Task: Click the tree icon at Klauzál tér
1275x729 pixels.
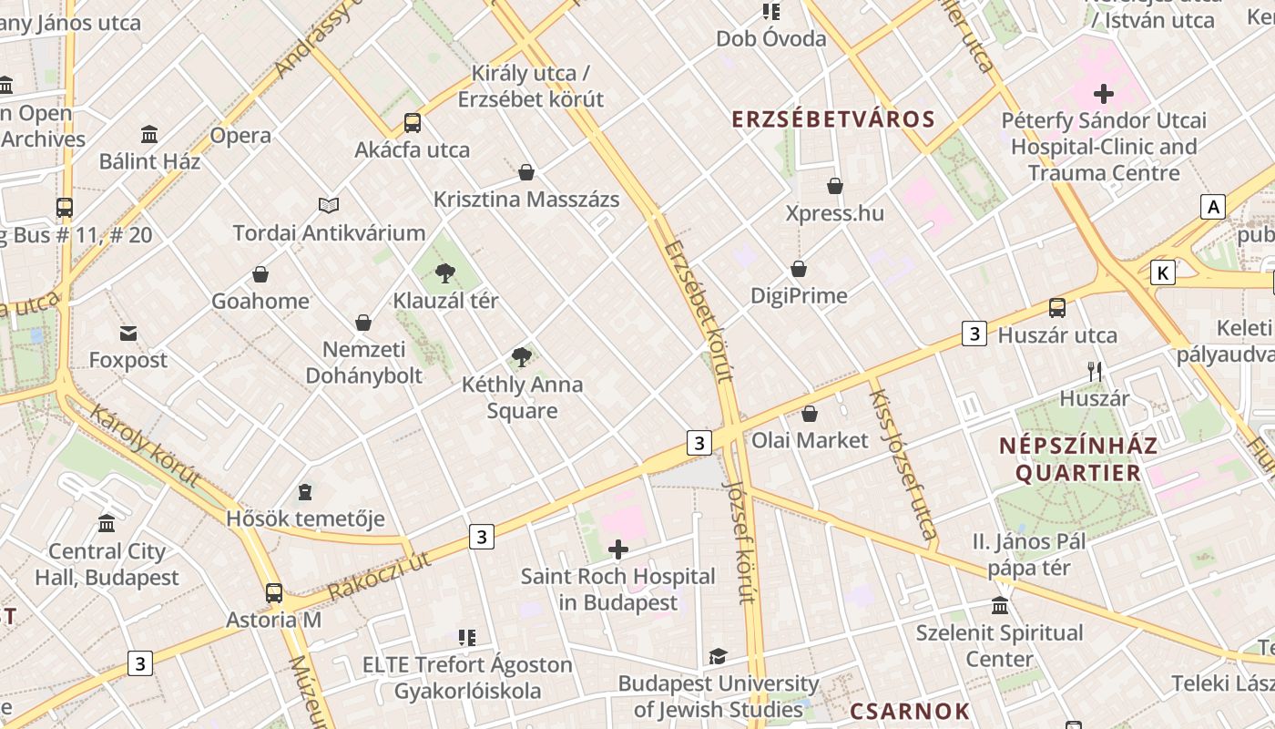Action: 445,272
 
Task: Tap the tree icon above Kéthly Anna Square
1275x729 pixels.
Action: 521,356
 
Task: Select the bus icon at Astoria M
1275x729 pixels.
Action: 273,593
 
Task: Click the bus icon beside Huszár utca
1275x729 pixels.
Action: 1057,308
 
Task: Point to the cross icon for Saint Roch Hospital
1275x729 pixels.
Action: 618,549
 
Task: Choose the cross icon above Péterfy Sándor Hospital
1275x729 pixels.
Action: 1104,93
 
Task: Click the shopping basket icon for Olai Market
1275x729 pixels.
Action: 810,414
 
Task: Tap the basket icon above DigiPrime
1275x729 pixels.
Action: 799,269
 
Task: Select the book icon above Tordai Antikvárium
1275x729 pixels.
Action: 329,206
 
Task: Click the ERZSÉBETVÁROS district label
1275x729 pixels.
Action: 833,119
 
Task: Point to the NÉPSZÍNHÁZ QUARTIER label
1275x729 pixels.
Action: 1078,459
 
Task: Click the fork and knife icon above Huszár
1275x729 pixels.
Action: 1095,372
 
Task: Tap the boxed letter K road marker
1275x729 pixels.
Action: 1162,272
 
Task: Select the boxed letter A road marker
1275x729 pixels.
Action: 1212,207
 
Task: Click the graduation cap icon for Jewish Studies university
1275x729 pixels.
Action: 719,656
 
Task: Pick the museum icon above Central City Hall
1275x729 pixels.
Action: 107,524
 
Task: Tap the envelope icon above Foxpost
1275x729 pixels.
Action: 128,334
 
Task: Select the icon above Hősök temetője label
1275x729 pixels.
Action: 305,492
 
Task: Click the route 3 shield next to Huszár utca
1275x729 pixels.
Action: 974,334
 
